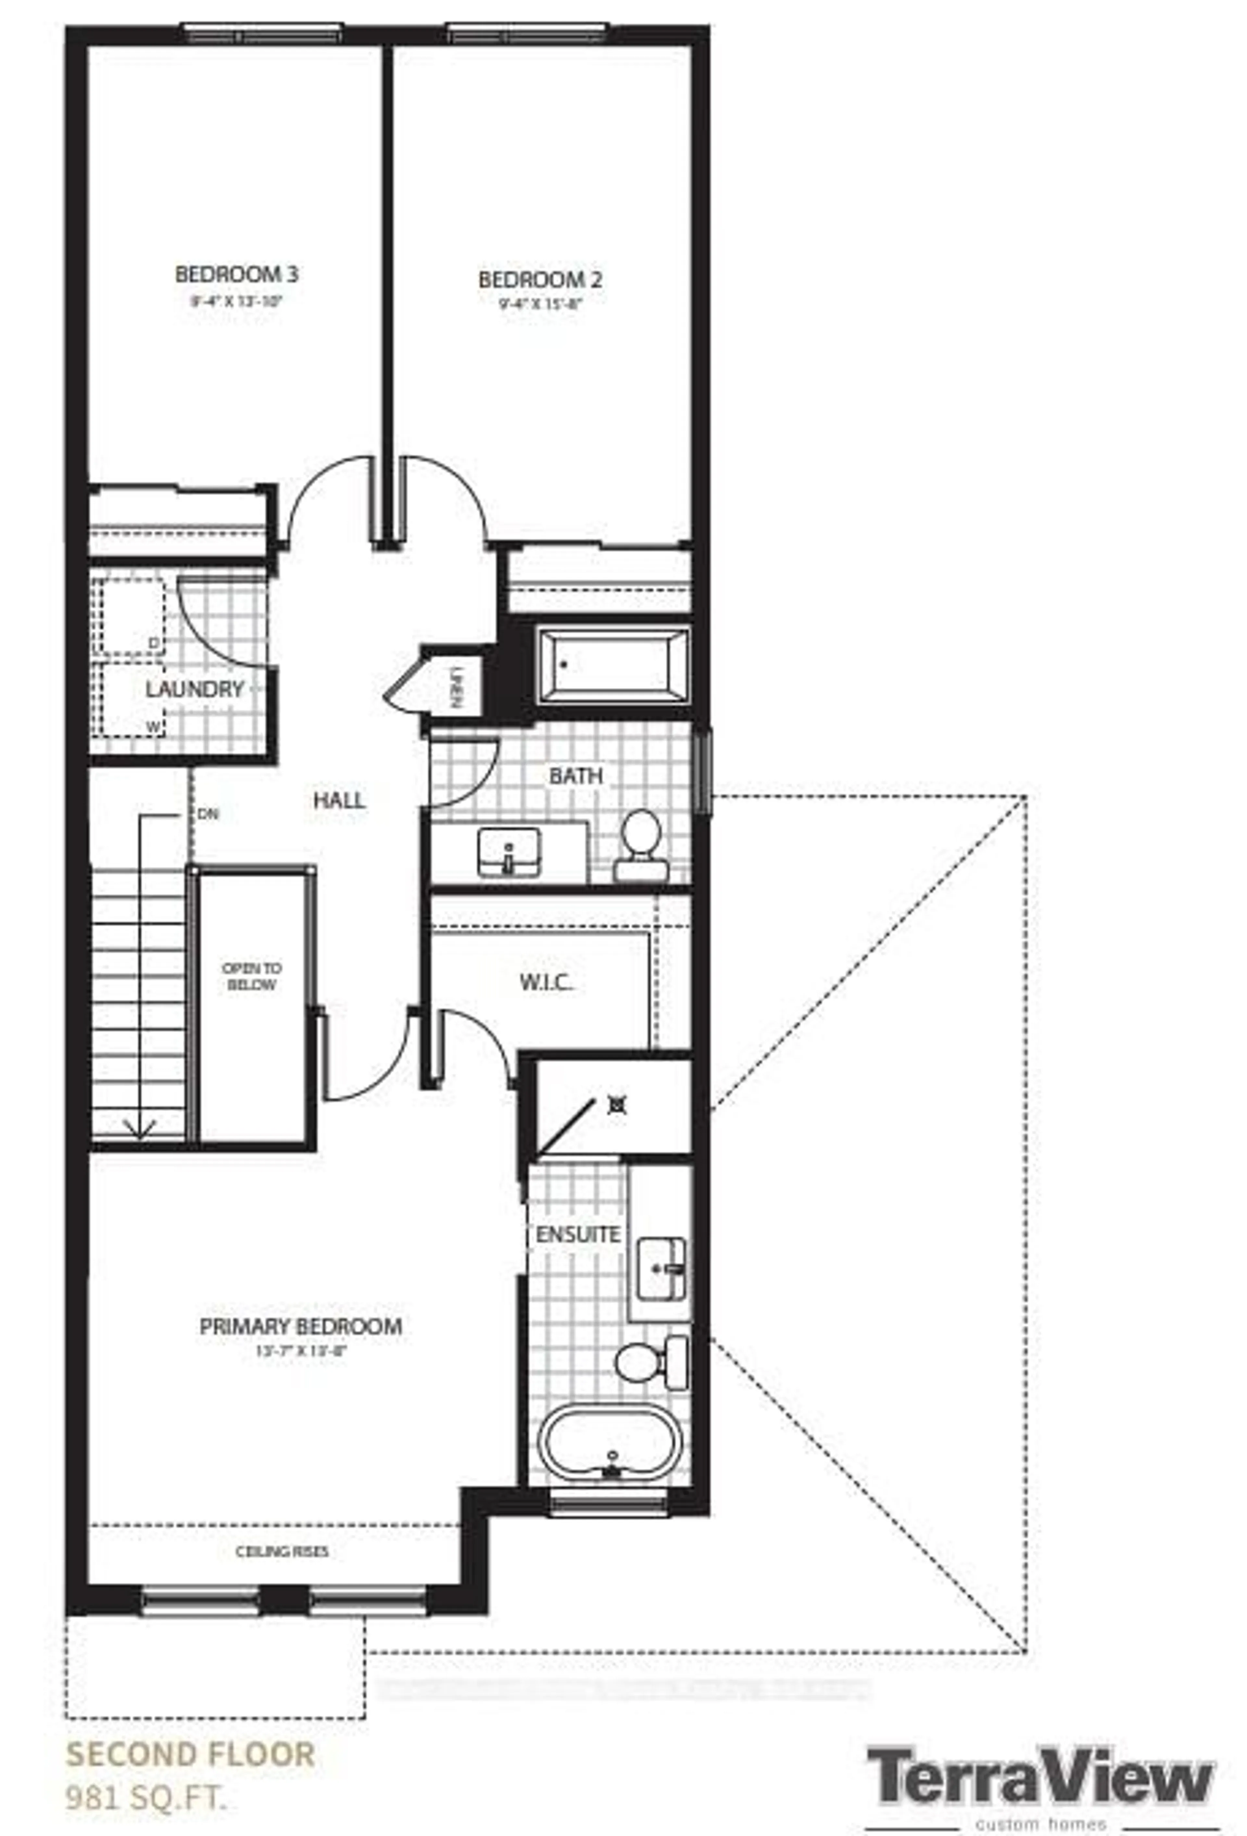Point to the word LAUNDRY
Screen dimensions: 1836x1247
click(x=194, y=689)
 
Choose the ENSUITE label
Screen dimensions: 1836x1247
click(x=578, y=1234)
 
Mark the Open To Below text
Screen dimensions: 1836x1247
click(x=251, y=976)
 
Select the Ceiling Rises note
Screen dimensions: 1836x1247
click(x=282, y=1552)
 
